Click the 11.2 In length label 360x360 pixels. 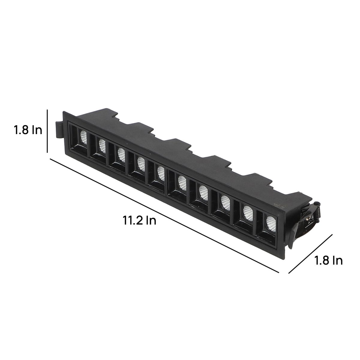(139, 220)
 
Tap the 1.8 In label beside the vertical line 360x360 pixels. (28, 130)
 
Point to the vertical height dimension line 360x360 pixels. (47, 131)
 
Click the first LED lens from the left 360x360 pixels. (83, 137)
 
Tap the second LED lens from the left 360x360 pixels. (102, 146)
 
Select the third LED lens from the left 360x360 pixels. (121, 155)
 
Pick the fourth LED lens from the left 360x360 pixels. (141, 164)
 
